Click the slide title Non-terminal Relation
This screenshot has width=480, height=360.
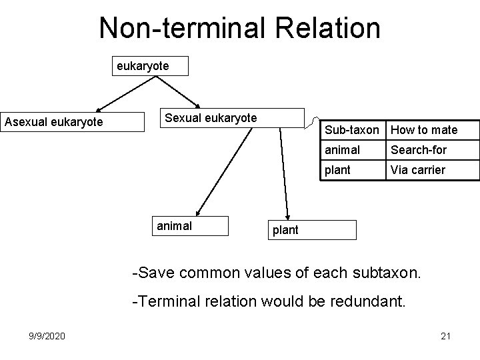click(x=240, y=29)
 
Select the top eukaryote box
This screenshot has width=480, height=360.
click(x=151, y=66)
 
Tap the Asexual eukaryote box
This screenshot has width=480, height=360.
click(x=73, y=121)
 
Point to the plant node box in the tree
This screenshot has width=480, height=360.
click(x=311, y=230)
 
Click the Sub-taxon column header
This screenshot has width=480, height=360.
click(x=351, y=130)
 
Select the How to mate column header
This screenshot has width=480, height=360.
click(x=432, y=130)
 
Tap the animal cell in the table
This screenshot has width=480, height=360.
click(x=351, y=150)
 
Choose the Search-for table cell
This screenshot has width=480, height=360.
click(x=432, y=150)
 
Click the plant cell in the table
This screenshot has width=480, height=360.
click(x=351, y=170)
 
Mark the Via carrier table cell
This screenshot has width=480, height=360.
click(x=432, y=170)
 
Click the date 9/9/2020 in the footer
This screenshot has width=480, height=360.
click(x=47, y=336)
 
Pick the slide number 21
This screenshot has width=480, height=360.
click(x=446, y=336)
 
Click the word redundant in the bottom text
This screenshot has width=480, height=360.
click(x=372, y=302)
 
